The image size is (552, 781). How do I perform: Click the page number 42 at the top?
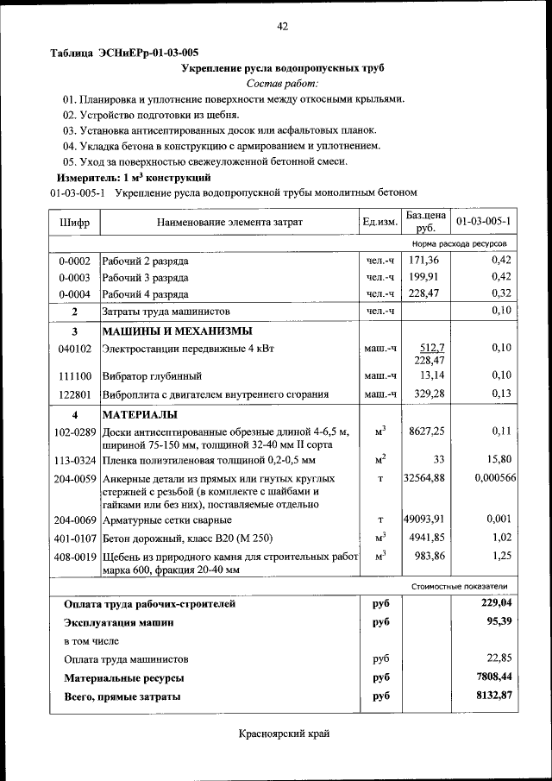click(282, 27)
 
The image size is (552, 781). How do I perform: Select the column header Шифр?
click(74, 222)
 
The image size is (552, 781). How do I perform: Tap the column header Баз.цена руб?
click(425, 222)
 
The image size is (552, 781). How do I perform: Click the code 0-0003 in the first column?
click(74, 277)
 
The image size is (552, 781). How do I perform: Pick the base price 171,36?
click(424, 260)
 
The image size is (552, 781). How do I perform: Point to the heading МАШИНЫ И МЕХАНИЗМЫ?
click(178, 331)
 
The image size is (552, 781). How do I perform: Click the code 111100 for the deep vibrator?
click(74, 376)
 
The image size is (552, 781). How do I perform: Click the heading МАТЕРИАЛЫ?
click(139, 415)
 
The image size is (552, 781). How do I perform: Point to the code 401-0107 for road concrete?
click(74, 538)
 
